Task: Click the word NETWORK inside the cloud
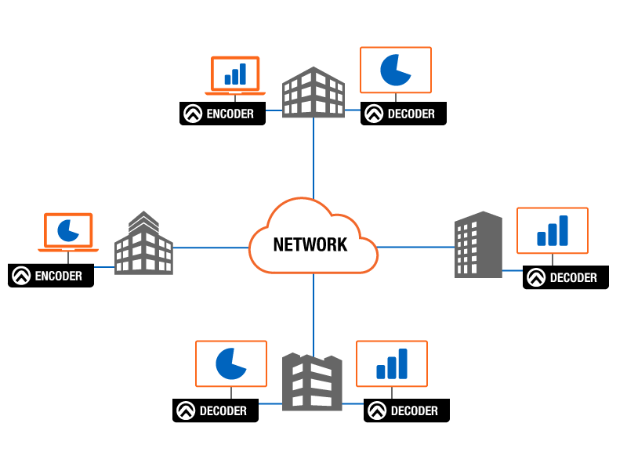point(310,244)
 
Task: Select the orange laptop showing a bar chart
point(235,74)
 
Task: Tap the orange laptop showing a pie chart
point(68,232)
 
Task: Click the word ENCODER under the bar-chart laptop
point(230,114)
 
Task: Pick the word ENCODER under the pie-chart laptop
point(58,276)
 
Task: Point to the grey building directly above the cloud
point(313,92)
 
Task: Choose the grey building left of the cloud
point(143,244)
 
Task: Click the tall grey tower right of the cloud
point(478,244)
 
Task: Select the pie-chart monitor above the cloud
point(395,70)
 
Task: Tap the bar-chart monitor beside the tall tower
point(552,230)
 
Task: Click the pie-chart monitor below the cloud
point(230,363)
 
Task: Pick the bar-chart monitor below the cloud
point(392,363)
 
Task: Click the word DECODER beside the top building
point(411,114)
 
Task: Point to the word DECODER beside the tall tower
point(573,278)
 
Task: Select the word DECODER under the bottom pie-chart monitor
point(223,411)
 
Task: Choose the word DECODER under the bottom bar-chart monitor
point(414,411)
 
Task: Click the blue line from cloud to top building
point(313,157)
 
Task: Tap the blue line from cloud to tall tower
point(415,247)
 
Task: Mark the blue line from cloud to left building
point(210,248)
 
